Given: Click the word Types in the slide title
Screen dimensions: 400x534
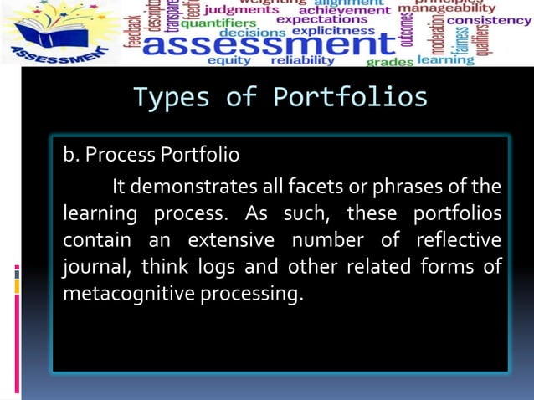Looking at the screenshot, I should coord(171,98).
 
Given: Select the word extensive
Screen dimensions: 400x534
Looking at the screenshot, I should coord(230,240).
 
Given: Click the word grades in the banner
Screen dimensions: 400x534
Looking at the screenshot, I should coord(390,62).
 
